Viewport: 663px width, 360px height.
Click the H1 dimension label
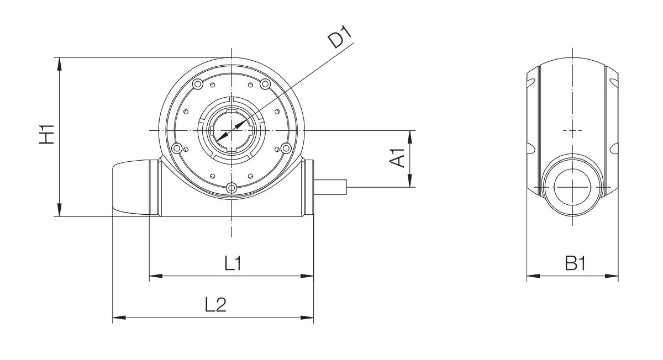tap(47, 134)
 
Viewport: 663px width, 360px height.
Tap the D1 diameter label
tap(340, 36)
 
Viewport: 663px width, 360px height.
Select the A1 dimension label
tap(397, 158)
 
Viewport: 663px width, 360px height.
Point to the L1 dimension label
tap(233, 263)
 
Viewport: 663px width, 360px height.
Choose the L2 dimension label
tap(216, 305)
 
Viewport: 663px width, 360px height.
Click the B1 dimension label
tap(575, 263)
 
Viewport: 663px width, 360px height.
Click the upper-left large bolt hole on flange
tap(197, 84)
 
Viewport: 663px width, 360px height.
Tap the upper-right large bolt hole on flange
tap(265, 84)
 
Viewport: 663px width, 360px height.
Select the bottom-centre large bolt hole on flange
tap(231, 188)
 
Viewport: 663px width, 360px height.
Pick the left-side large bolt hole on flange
tap(177, 147)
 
